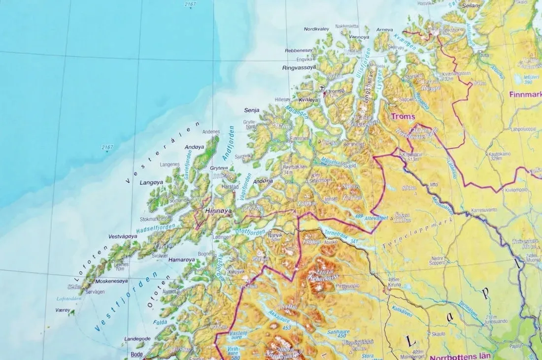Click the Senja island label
pos(252,110)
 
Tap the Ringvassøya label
pos(299,67)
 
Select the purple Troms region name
pos(403,117)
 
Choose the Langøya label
pos(151,183)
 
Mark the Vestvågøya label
pos(123,236)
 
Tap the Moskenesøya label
pos(112,281)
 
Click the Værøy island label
pos(62,311)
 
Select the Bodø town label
pos(137,355)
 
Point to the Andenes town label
pos(211,132)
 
